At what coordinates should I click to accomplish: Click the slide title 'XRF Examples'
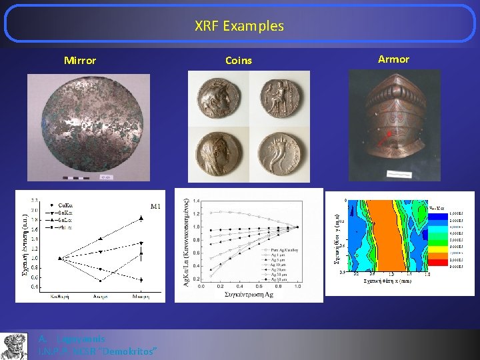pyautogui.click(x=239, y=26)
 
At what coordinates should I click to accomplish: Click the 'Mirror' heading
pyautogui.click(x=80, y=61)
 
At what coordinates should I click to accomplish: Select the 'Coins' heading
pyautogui.click(x=239, y=61)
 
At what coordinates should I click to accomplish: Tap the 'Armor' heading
pyautogui.click(x=393, y=59)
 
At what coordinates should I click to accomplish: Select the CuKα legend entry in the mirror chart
pyautogui.click(x=61, y=205)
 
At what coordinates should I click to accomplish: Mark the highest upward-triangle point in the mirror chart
pyautogui.click(x=141, y=218)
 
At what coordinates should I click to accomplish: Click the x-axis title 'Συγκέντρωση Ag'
pyautogui.click(x=249, y=295)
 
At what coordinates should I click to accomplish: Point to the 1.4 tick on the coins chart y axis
pyautogui.click(x=195, y=201)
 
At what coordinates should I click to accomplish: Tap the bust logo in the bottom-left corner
pyautogui.click(x=14, y=345)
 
